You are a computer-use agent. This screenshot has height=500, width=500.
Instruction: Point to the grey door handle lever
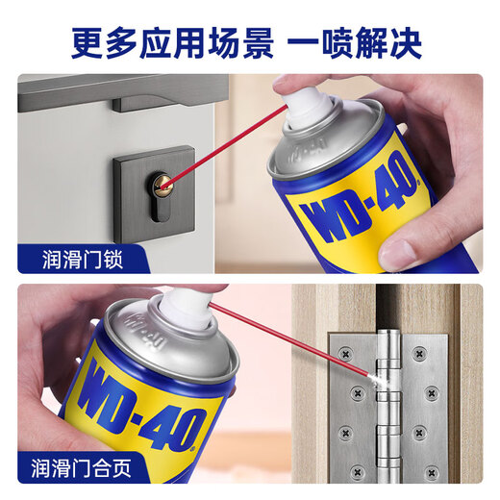pyautogui.click(x=163, y=96)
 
